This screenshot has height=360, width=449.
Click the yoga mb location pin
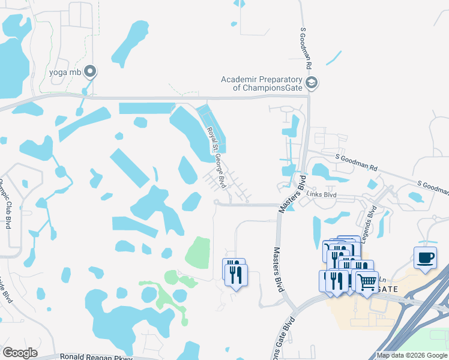(x=91, y=72)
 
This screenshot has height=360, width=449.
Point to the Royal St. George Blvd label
(x=216, y=157)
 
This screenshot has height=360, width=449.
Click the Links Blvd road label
(x=322, y=196)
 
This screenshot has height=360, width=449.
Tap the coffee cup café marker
(x=425, y=258)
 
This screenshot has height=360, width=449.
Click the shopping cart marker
(x=367, y=281)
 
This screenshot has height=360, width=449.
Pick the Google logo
(x=20, y=353)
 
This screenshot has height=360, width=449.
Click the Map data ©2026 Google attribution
(x=412, y=355)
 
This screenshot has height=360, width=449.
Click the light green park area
(x=197, y=252)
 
